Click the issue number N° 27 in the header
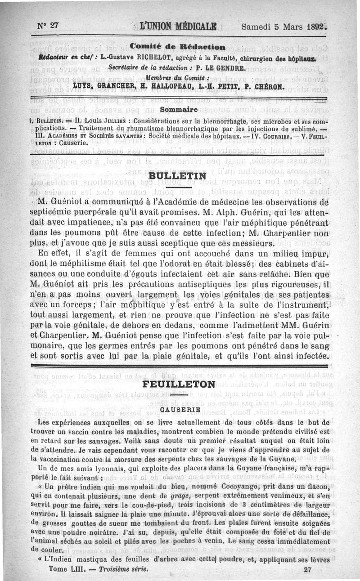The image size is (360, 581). pyautogui.click(x=49, y=26)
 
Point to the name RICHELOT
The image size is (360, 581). pyautogui.click(x=144, y=57)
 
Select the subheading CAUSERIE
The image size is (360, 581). pyautogui.click(x=179, y=410)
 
